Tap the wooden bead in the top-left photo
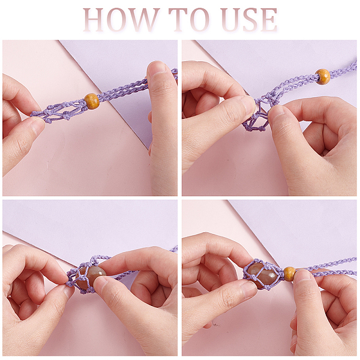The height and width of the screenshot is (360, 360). click(x=92, y=101)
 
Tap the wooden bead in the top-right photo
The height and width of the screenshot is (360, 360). click(x=323, y=77)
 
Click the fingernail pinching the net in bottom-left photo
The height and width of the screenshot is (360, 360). click(x=68, y=287)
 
